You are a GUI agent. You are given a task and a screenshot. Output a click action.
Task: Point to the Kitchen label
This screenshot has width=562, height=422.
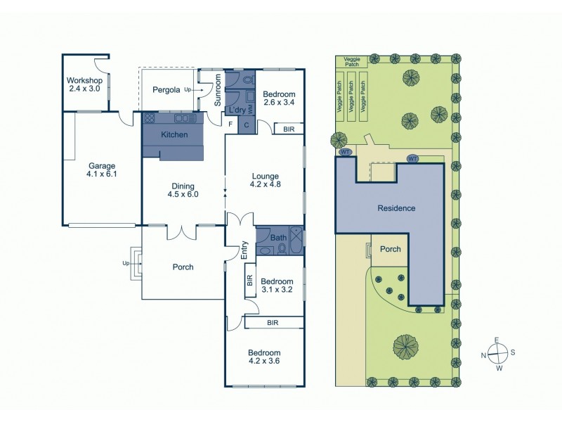pyautogui.click(x=174, y=134)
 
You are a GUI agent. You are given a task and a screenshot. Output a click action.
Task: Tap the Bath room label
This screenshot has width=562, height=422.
pyautogui.click(x=277, y=238)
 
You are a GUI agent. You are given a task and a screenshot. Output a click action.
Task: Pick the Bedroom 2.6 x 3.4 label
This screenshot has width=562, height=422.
pyautogui.click(x=279, y=98)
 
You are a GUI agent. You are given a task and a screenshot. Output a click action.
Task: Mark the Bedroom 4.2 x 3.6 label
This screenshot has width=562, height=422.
pyautogui.click(x=264, y=357)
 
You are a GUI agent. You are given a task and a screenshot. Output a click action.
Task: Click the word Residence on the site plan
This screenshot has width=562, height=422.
pyautogui.click(x=396, y=208)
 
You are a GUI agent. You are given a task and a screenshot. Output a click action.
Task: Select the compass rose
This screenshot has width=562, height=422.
pyautogui.click(x=496, y=353)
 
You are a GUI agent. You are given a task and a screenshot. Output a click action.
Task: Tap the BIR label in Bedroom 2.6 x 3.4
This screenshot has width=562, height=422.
pyautogui.click(x=289, y=129)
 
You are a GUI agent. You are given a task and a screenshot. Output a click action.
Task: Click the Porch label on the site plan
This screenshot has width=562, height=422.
pyautogui.click(x=390, y=249)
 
